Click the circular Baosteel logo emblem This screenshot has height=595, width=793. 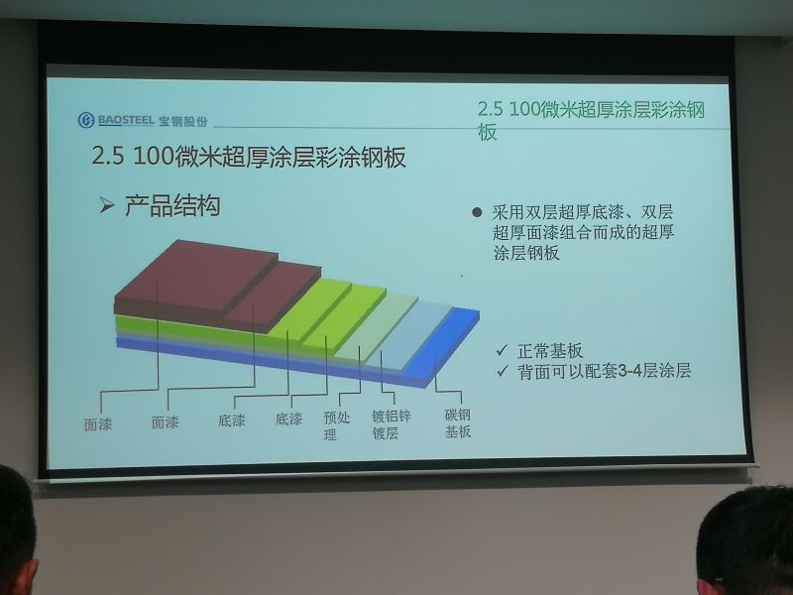86,120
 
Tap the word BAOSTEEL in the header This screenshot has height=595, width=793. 126,120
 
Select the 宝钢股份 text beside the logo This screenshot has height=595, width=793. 183,121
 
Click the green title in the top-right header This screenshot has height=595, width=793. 591,120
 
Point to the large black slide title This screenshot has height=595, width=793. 249,156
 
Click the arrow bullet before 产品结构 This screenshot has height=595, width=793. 107,205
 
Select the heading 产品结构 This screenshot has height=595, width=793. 172,205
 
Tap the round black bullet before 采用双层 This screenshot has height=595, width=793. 477,212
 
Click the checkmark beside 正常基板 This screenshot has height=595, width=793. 503,350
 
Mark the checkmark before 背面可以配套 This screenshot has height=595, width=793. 503,371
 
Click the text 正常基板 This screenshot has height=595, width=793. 550,351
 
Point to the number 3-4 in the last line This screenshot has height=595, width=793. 628,371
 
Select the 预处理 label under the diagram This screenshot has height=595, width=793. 336,425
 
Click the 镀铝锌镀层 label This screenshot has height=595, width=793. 391,424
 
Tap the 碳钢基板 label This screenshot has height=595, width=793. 458,423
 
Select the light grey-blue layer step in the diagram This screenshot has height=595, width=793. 407,334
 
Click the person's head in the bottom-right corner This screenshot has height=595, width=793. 745,541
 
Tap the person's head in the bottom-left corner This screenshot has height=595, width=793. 16,532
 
